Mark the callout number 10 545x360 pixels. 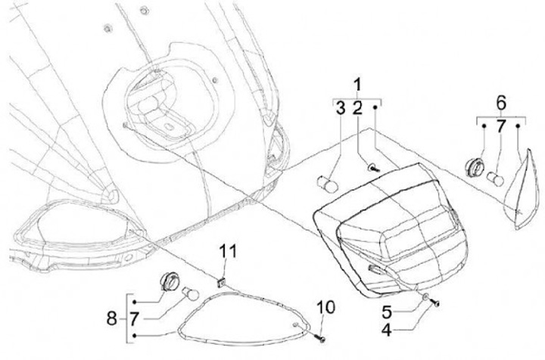(325, 307)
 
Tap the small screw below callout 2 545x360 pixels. (372, 167)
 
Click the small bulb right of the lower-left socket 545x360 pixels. (190, 292)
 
